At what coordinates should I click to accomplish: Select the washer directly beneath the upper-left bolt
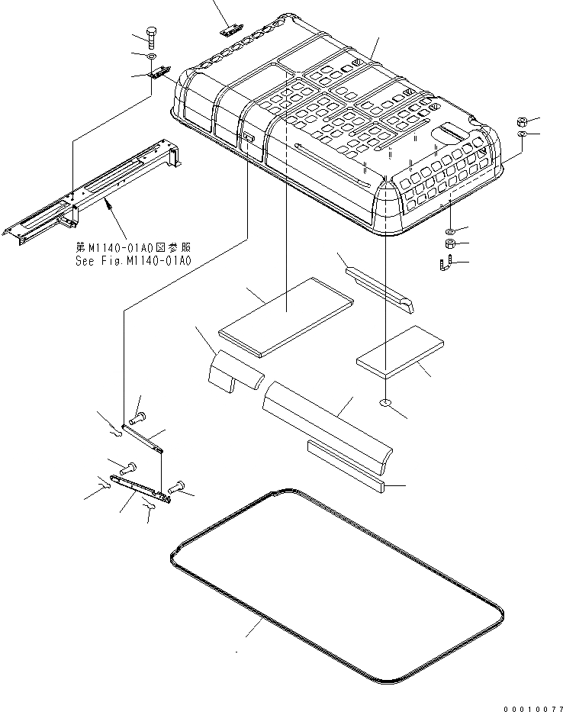[x=151, y=56]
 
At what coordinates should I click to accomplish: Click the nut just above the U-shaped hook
[x=451, y=245]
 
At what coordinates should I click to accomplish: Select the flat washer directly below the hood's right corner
[x=451, y=230]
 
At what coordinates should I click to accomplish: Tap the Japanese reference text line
[x=133, y=247]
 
